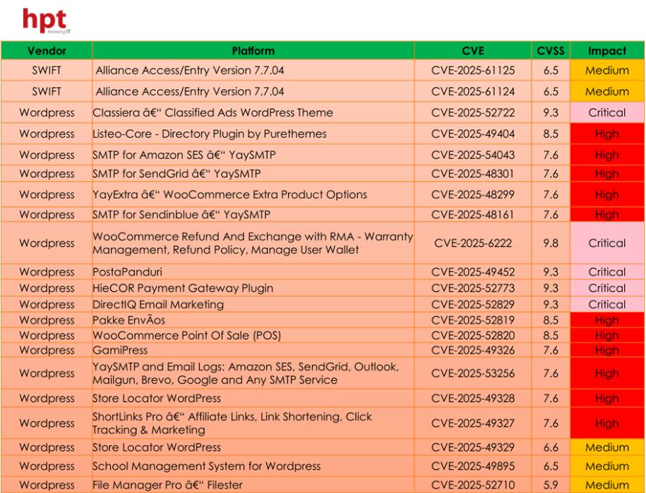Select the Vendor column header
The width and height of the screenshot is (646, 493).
pos(47,51)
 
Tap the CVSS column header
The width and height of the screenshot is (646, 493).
pos(551,51)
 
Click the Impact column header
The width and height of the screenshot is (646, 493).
pos(606,51)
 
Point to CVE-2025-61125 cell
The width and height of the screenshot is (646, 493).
pos(473,70)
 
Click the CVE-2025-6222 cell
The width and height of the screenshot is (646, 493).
pos(473,243)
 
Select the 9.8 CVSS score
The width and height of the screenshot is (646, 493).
pos(551,243)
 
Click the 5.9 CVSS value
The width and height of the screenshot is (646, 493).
pos(551,485)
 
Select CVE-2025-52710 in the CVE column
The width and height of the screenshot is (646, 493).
pos(473,485)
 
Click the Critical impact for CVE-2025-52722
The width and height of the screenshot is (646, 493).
pos(606,112)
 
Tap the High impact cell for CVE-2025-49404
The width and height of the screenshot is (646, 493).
pos(606,133)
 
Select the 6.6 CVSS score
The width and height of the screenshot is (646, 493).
pos(551,447)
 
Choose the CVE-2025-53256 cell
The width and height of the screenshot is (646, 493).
pos(473,374)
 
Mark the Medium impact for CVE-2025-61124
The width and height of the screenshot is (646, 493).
pos(606,91)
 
